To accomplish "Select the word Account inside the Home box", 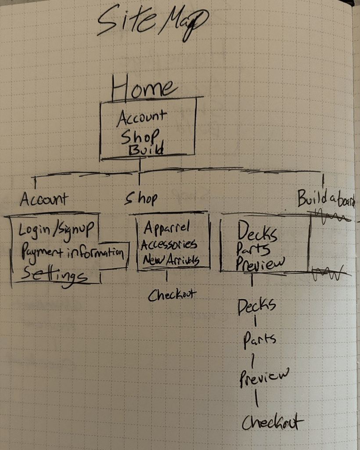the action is tap(141, 117).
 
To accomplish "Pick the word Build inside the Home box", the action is tap(146, 149).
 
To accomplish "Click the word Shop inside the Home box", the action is tap(140, 136).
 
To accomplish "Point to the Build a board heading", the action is tap(326, 198).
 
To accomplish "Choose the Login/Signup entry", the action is tap(56, 229).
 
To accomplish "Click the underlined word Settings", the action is tap(54, 275).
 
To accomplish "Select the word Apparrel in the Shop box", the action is tap(167, 227).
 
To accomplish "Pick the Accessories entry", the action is tap(169, 244).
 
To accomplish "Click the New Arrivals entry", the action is tap(171, 260).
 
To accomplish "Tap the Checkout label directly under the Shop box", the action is tap(172, 295).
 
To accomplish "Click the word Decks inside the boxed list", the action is tap(257, 231).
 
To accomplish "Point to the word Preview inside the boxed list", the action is tap(260, 263).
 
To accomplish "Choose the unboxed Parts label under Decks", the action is tap(259, 340).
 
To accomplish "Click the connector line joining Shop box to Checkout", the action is tap(167, 276).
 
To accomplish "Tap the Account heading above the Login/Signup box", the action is tap(44, 199).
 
